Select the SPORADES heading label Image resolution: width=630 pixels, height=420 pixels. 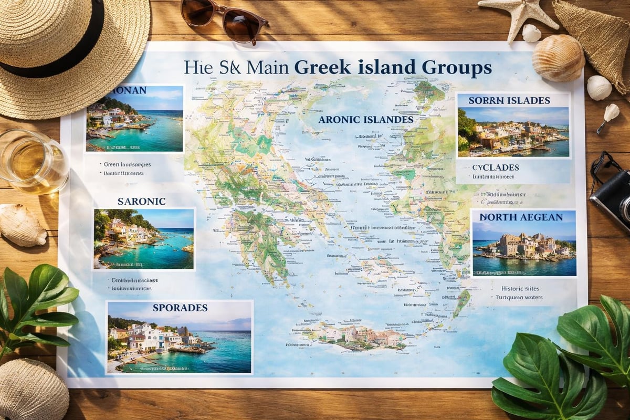180,308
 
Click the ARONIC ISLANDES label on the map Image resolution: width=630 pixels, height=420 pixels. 365,120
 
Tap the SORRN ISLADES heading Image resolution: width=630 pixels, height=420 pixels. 509,100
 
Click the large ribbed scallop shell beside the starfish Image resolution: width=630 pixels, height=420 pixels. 558,58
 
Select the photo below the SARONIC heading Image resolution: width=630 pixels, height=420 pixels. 143,238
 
